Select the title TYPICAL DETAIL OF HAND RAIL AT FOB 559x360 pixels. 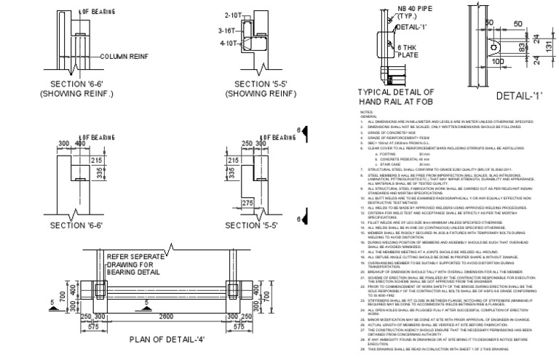[x=396, y=97]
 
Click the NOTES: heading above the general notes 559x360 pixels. [x=365, y=111]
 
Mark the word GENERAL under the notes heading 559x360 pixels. [x=368, y=116]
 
